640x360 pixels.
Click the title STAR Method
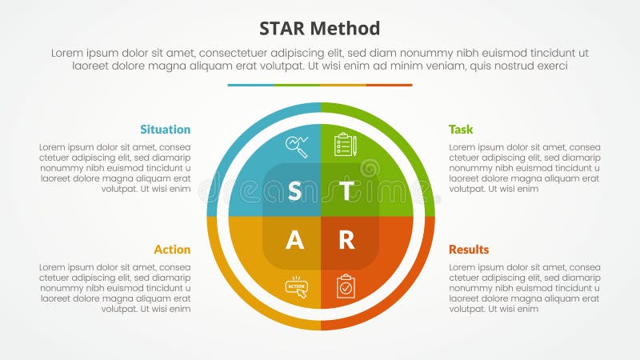coord(320,29)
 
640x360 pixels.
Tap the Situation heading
coord(165,130)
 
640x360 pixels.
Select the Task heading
coord(461,130)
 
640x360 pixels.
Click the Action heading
coord(172,250)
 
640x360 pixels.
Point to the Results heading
coord(469,250)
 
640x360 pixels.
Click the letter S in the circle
coord(294,191)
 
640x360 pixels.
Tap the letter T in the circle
coord(346,191)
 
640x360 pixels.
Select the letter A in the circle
coord(294,241)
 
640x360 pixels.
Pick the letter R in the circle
coord(346,241)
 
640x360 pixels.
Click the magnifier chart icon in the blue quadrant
coord(297,146)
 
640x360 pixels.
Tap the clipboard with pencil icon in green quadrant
coord(345,145)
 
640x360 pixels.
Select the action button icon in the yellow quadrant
coord(297,287)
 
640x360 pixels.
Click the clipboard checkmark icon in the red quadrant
coord(345,286)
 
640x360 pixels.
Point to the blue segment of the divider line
coord(250,85)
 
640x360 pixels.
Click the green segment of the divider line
coord(297,85)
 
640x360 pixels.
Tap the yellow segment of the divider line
coord(343,85)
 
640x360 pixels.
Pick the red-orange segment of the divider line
coord(390,85)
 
